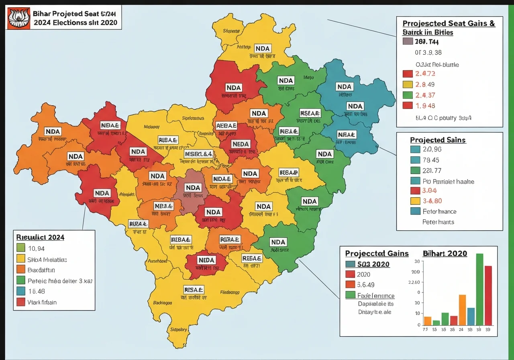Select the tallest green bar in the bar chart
click(x=479, y=289)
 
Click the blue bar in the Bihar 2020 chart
click(x=471, y=316)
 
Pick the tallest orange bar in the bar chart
click(x=462, y=310)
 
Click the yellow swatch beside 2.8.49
click(x=407, y=84)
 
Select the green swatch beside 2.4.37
click(x=407, y=95)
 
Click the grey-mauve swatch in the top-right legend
click(x=407, y=41)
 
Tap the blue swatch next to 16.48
click(x=20, y=291)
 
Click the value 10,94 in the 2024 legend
click(x=37, y=248)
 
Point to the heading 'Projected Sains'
click(x=438, y=140)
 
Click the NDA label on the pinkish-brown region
click(x=193, y=188)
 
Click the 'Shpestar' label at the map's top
click(x=230, y=31)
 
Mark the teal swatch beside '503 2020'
click(x=350, y=264)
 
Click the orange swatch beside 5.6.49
click(x=350, y=284)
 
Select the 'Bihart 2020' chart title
click(x=445, y=254)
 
